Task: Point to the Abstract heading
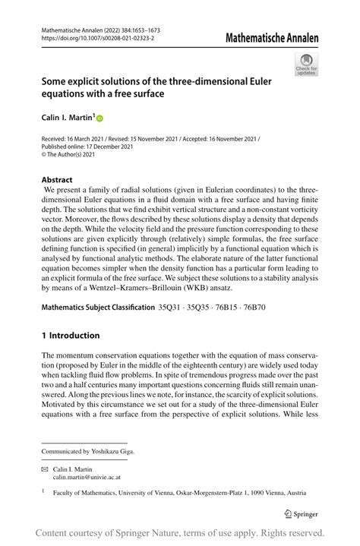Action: (x=57, y=180)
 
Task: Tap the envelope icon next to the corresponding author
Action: (x=45, y=470)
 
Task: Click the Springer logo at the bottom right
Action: (x=300, y=513)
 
